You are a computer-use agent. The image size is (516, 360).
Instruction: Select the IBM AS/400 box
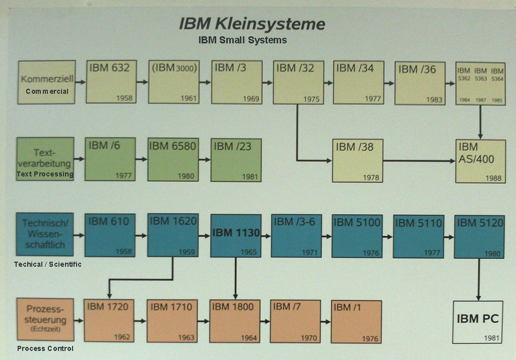point(480,161)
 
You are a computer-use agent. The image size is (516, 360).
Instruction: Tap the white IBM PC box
point(477,322)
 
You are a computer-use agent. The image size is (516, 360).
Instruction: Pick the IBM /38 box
point(357,160)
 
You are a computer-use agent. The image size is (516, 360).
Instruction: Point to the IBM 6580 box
point(172,159)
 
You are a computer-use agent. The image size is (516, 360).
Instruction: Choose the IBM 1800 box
point(235,321)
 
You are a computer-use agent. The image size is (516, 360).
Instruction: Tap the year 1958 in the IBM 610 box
point(123,252)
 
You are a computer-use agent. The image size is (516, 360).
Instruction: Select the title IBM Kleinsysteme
point(252,24)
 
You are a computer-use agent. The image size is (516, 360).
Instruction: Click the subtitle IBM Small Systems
point(243,40)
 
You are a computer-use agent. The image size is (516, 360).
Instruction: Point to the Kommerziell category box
point(47,82)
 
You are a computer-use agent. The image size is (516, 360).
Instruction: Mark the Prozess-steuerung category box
point(45,319)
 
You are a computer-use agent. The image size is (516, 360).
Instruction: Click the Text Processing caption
point(45,174)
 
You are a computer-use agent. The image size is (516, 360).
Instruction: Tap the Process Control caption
point(45,348)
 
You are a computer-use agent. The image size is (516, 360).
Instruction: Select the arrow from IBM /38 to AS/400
point(419,161)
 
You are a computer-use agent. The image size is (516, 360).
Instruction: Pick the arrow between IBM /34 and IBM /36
point(389,83)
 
